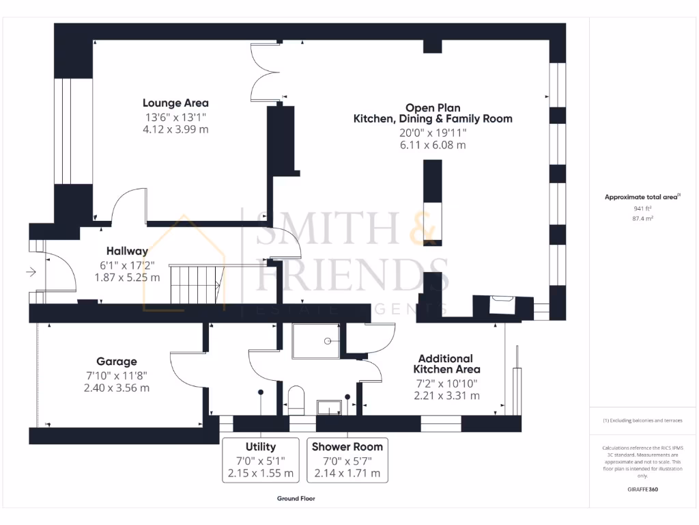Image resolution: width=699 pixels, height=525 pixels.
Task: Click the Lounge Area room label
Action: pyautogui.click(x=175, y=103)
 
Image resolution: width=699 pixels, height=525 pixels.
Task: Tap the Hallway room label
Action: pyautogui.click(x=127, y=252)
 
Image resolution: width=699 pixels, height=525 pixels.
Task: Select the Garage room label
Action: pyautogui.click(x=116, y=362)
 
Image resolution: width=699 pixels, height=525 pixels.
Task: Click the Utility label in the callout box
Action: pyautogui.click(x=259, y=446)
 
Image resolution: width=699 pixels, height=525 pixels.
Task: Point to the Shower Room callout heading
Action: pyautogui.click(x=347, y=446)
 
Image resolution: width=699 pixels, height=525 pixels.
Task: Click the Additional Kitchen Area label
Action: pyautogui.click(x=445, y=364)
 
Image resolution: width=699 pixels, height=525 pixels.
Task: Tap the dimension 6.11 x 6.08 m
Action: pyautogui.click(x=432, y=145)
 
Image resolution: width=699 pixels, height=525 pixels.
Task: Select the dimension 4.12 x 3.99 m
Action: pyautogui.click(x=175, y=129)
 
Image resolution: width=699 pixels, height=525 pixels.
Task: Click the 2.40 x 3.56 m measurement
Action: pyautogui.click(x=116, y=388)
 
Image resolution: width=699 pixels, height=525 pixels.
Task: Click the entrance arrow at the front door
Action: pyautogui.click(x=31, y=272)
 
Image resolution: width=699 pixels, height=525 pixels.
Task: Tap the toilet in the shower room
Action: pyautogui.click(x=296, y=400)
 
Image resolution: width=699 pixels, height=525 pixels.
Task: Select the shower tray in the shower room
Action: pyautogui.click(x=315, y=340)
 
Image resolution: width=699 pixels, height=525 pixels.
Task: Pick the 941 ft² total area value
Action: pyautogui.click(x=643, y=208)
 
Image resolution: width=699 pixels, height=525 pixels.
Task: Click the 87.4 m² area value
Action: pyautogui.click(x=643, y=219)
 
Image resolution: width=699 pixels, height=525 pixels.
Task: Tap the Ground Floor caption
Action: pyautogui.click(x=296, y=498)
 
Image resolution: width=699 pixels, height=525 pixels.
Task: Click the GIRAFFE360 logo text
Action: pyautogui.click(x=643, y=489)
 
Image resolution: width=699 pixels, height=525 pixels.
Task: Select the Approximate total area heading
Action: pyautogui.click(x=642, y=197)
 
